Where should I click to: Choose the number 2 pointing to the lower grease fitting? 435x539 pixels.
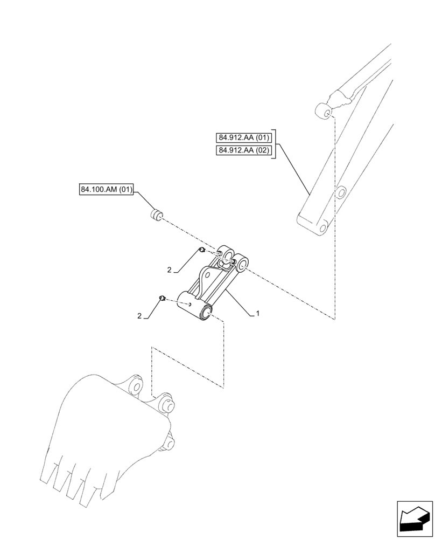click(x=140, y=317)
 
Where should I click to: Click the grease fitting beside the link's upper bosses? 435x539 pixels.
click(x=200, y=250)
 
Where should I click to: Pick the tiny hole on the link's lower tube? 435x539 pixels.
click(x=190, y=303)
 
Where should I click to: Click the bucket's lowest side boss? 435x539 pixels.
click(x=170, y=444)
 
